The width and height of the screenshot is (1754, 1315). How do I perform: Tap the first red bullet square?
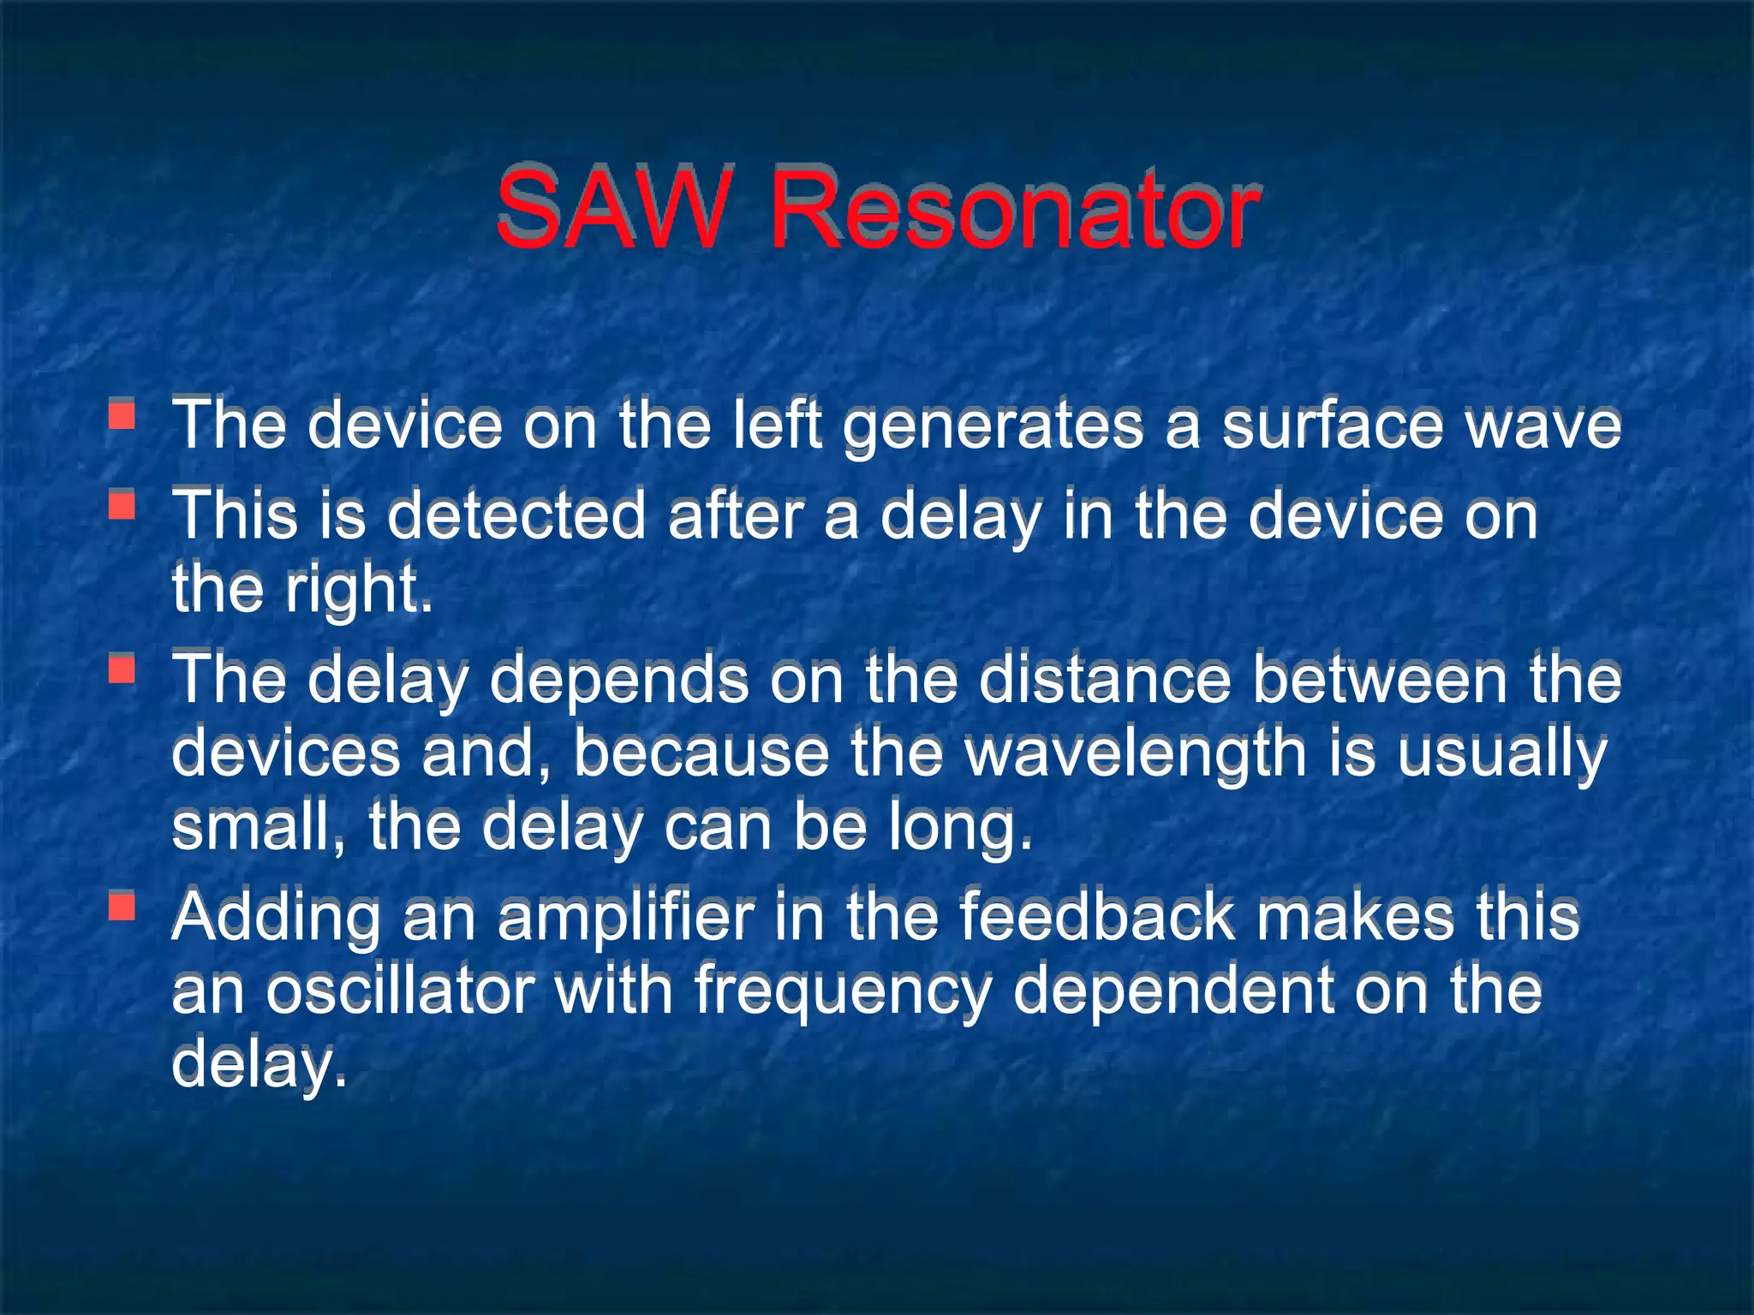(122, 415)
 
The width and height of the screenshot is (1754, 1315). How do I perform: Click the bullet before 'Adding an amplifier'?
(122, 906)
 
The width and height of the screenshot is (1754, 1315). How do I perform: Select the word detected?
(516, 516)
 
